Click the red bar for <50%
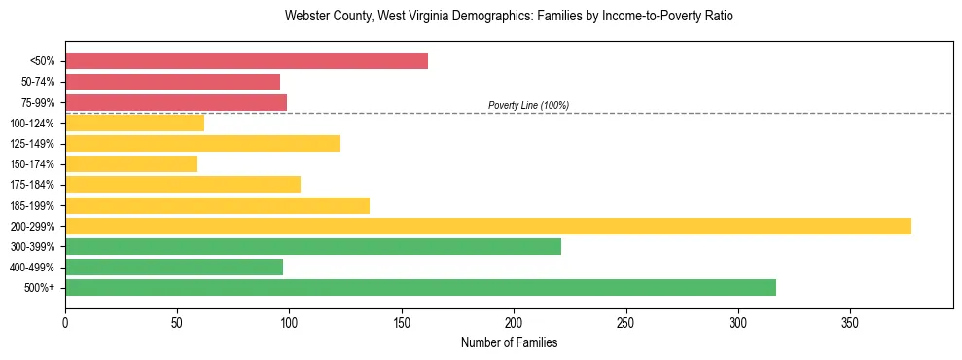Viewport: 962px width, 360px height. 246,61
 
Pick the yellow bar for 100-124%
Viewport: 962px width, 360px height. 134,123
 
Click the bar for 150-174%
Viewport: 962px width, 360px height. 131,164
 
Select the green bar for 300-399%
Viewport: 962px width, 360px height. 313,246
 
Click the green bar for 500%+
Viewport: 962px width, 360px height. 420,287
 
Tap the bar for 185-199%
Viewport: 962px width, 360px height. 217,205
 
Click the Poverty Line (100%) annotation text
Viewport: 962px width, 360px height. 528,105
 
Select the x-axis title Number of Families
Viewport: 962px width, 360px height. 509,342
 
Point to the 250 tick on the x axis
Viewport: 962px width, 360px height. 626,322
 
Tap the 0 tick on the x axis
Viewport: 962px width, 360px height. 65,322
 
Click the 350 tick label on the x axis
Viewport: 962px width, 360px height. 850,322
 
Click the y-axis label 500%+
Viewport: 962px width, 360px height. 40,288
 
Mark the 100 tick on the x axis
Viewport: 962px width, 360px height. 290,322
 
